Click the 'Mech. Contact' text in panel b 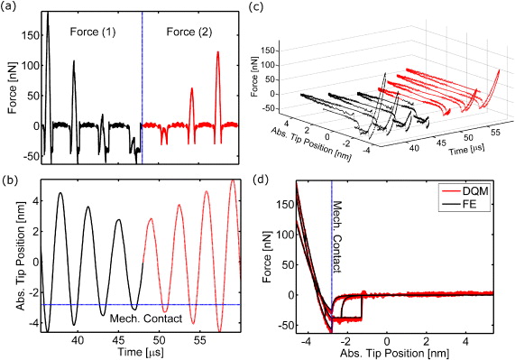[146, 317]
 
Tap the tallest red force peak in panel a [217, 53]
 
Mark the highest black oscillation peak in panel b [61, 194]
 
